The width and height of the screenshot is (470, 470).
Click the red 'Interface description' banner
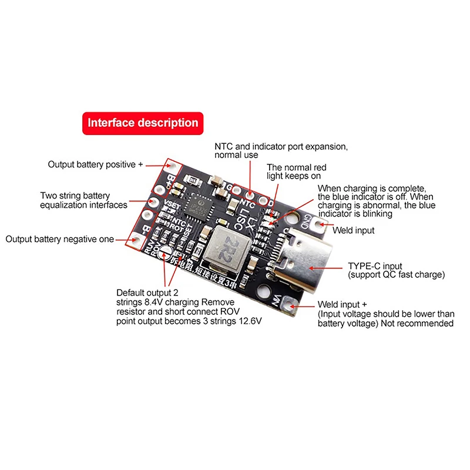(x=143, y=123)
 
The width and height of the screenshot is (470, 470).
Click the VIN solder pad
(x=290, y=304)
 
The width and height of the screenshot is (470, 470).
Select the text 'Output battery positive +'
(x=95, y=164)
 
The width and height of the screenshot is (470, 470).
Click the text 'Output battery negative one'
(x=61, y=239)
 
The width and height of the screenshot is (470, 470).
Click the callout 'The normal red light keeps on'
(x=296, y=172)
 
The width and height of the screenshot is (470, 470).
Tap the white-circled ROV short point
(x=166, y=253)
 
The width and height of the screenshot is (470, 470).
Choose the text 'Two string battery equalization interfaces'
(x=83, y=200)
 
